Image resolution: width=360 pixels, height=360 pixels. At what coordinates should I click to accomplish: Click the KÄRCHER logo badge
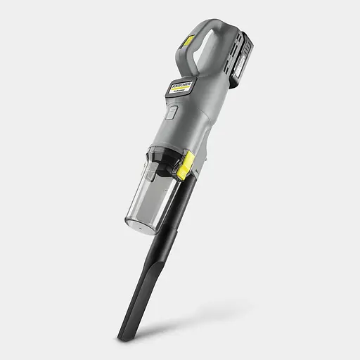click(179, 86)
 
